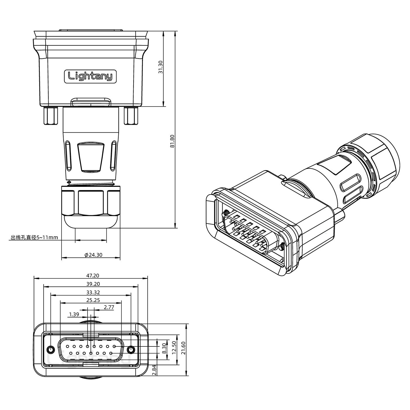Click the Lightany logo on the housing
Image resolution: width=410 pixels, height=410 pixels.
(90, 76)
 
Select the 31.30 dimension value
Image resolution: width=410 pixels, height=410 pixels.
(160, 67)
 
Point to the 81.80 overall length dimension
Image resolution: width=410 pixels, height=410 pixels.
(172, 141)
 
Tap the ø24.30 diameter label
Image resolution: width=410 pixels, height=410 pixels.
(93, 255)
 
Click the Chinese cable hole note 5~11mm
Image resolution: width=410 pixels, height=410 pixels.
(34, 238)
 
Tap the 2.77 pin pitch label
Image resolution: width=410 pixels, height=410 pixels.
(109, 307)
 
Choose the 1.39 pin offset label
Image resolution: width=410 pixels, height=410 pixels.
(74, 315)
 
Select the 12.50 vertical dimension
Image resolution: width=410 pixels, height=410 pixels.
(174, 347)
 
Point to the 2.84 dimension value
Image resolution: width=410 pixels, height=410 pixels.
(154, 370)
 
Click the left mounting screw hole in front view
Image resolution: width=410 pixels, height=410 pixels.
(51, 350)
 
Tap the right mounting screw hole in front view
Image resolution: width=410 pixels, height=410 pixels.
(131, 350)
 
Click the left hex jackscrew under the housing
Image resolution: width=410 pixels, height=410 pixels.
(50, 116)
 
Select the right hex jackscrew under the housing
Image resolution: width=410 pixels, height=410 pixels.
(131, 116)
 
